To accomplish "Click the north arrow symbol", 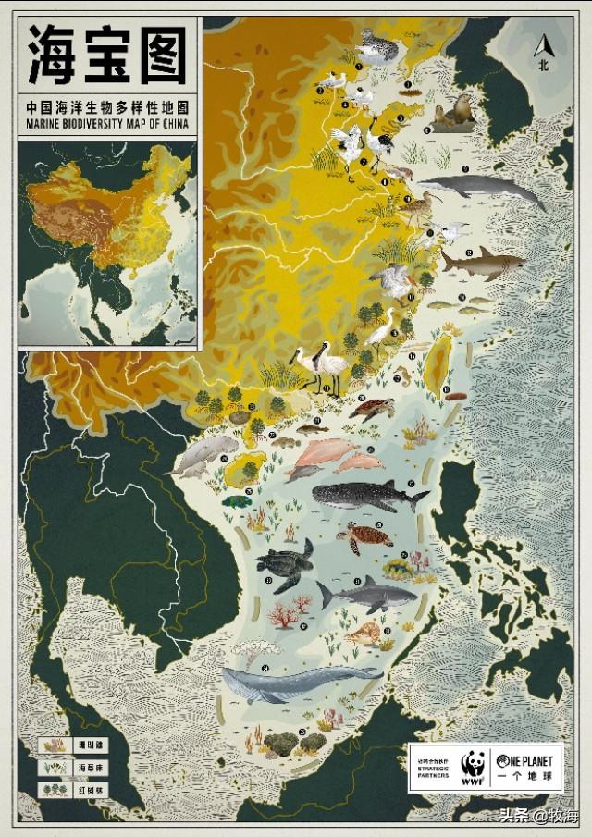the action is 544,46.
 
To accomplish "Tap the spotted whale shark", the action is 368,497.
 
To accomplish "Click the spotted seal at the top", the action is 376,46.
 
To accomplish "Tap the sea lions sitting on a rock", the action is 453,113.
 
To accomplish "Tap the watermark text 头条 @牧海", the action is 537,817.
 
